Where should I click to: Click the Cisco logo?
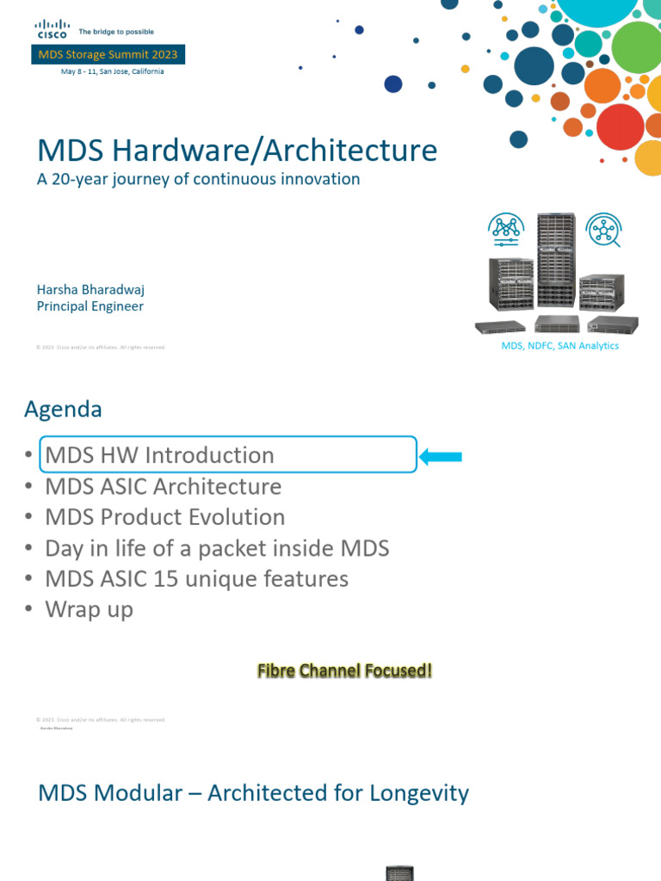[51, 30]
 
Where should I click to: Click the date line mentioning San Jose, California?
[112, 71]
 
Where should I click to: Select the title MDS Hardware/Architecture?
[238, 151]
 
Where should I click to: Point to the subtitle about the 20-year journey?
[198, 179]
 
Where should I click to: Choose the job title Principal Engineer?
[90, 306]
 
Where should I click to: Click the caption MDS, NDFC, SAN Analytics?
[559, 346]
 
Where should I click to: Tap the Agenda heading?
[63, 410]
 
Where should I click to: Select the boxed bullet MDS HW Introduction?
[160, 455]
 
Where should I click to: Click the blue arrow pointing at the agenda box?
[441, 456]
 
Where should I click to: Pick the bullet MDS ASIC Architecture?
[164, 486]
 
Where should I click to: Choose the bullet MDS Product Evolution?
[165, 517]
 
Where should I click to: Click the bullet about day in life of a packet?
[217, 548]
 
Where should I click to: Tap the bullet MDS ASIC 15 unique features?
[197, 579]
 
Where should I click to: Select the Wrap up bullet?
[90, 610]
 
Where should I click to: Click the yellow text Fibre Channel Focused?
[344, 670]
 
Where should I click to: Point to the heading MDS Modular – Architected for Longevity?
[254, 792]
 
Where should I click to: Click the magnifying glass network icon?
[602, 231]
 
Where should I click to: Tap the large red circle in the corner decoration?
[620, 126]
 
